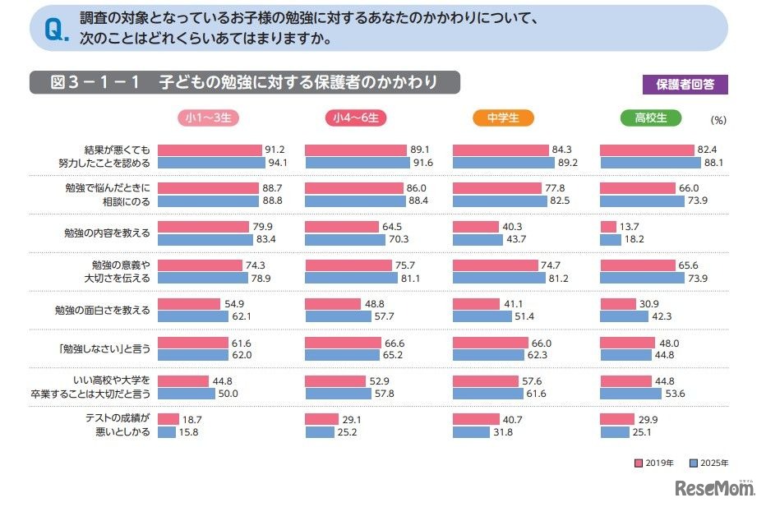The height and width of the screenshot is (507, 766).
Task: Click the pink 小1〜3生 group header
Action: click(209, 118)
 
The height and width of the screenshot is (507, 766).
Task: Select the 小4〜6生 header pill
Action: click(356, 118)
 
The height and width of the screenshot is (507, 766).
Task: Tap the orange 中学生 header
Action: click(503, 118)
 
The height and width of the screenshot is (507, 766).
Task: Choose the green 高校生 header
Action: click(650, 118)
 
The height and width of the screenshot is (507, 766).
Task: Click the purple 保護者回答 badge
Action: click(685, 84)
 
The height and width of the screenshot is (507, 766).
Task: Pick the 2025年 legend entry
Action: click(708, 463)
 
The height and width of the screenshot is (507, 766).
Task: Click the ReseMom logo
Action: click(714, 489)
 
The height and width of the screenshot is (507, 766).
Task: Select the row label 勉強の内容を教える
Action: click(108, 233)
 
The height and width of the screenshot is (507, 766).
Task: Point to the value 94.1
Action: click(275, 163)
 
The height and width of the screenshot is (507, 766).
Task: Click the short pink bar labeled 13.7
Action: click(608, 227)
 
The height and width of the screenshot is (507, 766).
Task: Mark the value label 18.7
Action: click(192, 419)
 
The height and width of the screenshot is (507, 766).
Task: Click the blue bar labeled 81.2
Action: click(499, 278)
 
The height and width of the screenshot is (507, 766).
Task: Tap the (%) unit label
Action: click(718, 120)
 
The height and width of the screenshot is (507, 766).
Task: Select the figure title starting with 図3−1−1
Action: click(243, 83)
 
